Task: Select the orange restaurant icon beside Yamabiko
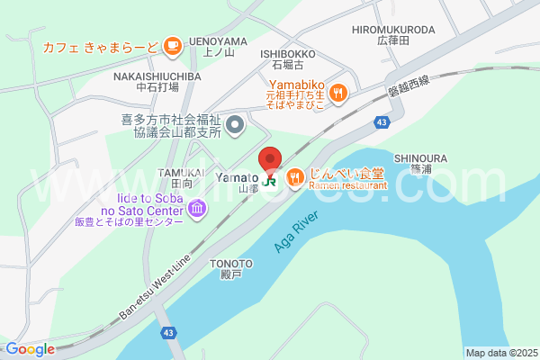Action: pyautogui.click(x=338, y=90)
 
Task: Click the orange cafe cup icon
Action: pyautogui.click(x=173, y=44)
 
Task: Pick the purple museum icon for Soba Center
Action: pyautogui.click(x=197, y=211)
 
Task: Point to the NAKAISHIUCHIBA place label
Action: pyautogui.click(x=157, y=77)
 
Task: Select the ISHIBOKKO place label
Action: pyautogui.click(x=288, y=54)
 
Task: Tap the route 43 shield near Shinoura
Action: pyautogui.click(x=383, y=121)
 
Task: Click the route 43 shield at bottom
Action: pyautogui.click(x=168, y=333)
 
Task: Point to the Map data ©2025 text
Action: pyautogui.click(x=499, y=353)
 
